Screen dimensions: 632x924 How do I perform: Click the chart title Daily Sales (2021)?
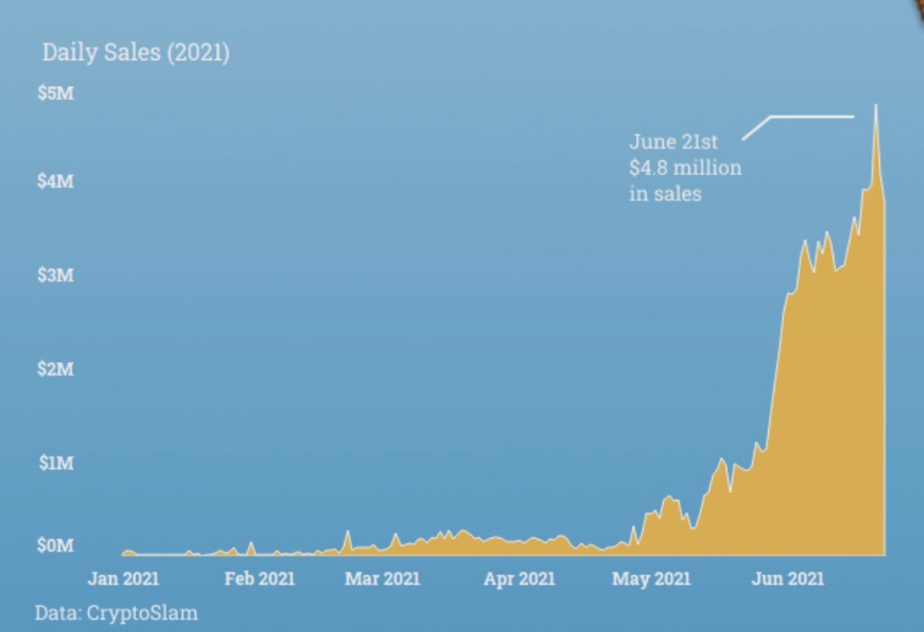(x=136, y=52)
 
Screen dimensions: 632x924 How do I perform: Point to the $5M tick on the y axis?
(x=55, y=93)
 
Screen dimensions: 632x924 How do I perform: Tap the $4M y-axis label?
(x=55, y=182)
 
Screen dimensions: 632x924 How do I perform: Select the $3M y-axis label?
(x=55, y=275)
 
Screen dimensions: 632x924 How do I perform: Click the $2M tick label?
(x=55, y=369)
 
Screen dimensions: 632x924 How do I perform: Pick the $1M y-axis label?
(x=55, y=463)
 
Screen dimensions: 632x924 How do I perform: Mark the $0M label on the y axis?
(x=55, y=545)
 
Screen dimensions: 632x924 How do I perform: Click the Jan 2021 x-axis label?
(x=124, y=579)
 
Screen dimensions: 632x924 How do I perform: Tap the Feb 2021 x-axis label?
(x=260, y=579)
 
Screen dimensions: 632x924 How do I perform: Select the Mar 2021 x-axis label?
(x=383, y=579)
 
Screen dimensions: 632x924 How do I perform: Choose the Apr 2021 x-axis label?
(x=519, y=579)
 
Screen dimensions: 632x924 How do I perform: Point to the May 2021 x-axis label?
(x=651, y=579)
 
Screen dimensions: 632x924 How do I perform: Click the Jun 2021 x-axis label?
(x=788, y=579)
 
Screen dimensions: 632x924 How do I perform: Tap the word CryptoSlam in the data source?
(x=142, y=612)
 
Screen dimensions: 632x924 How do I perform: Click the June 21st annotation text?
(x=673, y=142)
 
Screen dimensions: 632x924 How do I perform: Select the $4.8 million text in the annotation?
(x=685, y=168)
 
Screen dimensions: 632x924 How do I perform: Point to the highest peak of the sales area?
(x=875, y=107)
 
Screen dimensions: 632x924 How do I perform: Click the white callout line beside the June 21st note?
(x=810, y=117)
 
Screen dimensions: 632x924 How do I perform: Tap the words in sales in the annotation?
(x=665, y=194)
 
